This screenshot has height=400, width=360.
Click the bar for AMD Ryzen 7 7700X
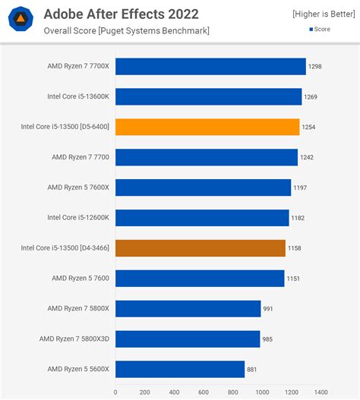pos(210,67)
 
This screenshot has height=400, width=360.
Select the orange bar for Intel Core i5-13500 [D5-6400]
pos(207,127)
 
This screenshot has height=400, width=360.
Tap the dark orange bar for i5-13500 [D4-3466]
pos(201,248)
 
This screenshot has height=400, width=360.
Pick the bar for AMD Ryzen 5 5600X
pos(180,369)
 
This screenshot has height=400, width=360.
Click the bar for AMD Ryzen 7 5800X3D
pos(188,339)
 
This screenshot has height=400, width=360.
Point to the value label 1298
pos(315,67)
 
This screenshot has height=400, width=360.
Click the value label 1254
pos(308,128)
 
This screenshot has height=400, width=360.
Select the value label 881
pos(253,370)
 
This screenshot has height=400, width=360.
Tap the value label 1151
pos(293,279)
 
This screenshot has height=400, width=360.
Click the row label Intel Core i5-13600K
pos(78,97)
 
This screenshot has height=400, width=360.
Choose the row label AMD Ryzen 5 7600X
pos(78,187)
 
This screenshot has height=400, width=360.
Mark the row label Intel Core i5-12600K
pos(78,218)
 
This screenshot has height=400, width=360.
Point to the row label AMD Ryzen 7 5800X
pos(78,308)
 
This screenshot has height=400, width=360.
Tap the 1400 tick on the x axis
pos(321,392)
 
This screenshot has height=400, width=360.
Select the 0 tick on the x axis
pos(115,392)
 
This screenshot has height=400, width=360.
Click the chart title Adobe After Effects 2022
pos(122,14)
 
